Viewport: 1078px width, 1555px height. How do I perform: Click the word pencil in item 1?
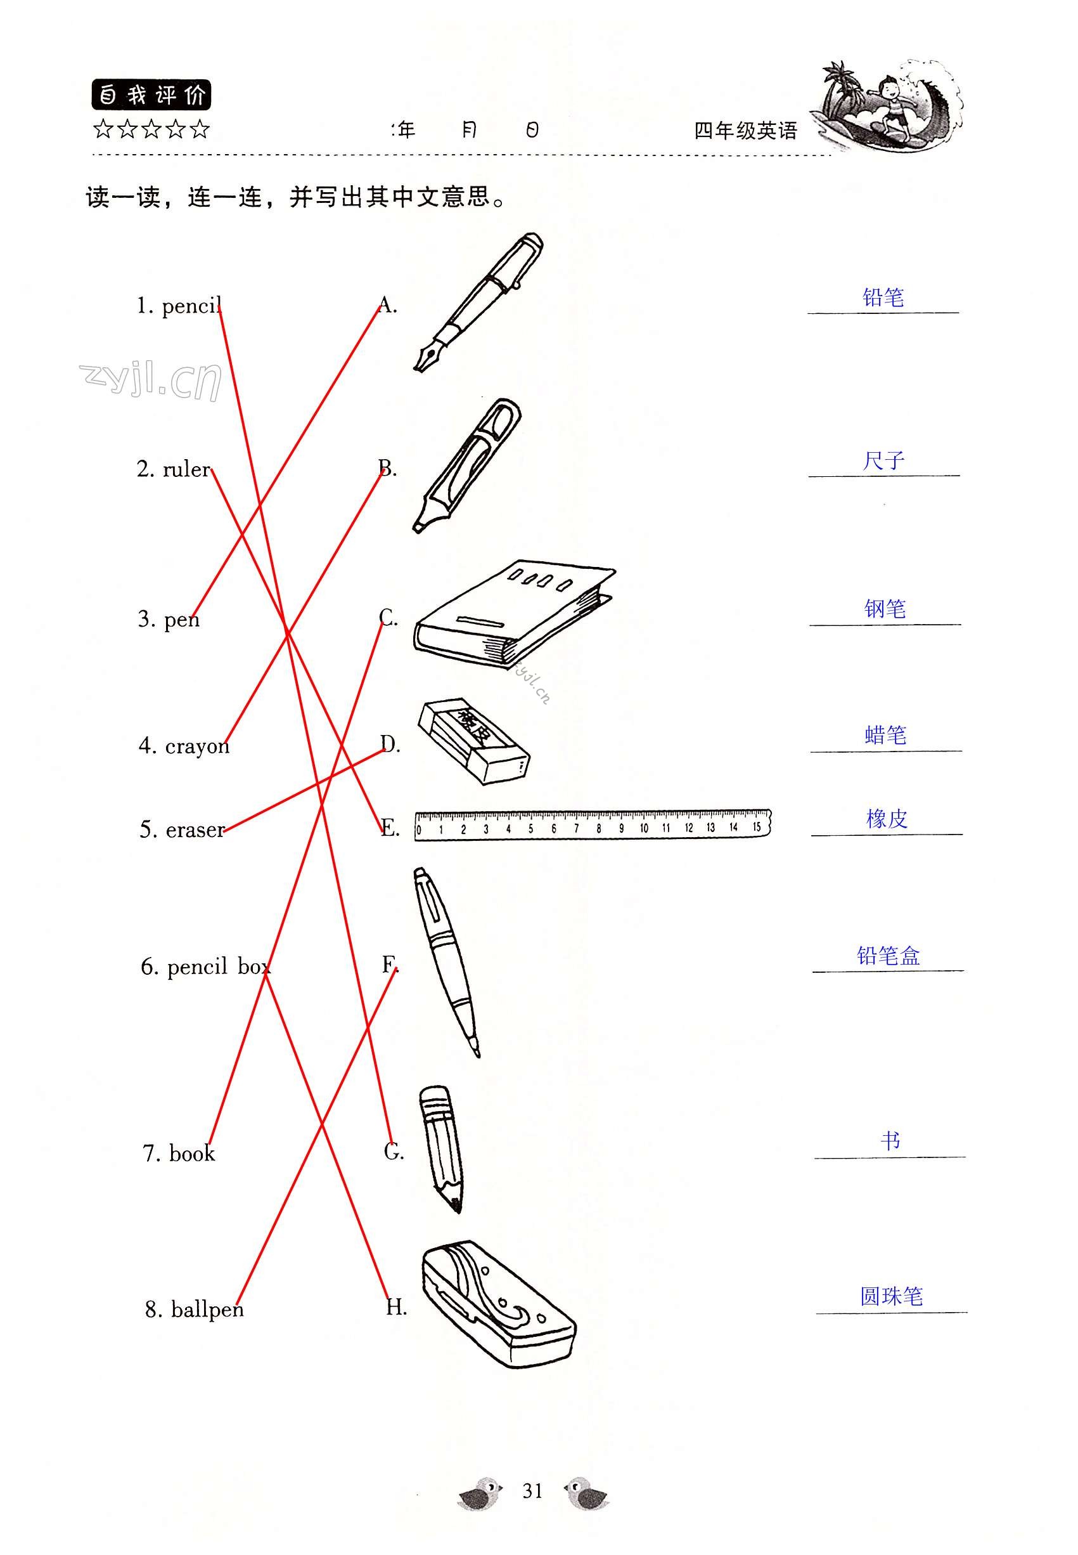coord(192,308)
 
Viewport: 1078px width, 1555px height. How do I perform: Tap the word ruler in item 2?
coord(187,469)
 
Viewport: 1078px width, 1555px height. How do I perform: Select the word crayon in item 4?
coord(197,747)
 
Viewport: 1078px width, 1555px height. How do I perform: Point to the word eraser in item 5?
coord(195,830)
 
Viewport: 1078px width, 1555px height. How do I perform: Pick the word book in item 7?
coord(192,1154)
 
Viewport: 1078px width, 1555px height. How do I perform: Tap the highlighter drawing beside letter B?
coord(468,465)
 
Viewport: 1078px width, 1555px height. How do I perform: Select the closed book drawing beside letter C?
coord(515,615)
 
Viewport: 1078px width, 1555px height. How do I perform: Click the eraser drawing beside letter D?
coord(474,742)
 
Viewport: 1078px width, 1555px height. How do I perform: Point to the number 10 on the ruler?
coord(644,828)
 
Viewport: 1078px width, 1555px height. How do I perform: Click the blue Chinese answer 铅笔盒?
coord(889,956)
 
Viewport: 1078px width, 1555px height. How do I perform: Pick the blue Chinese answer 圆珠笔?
coord(891,1296)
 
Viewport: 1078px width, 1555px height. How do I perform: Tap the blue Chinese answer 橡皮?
coord(886,819)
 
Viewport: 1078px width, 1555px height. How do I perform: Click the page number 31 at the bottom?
coord(532,1491)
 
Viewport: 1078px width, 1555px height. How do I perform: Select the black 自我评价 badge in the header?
coord(151,95)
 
